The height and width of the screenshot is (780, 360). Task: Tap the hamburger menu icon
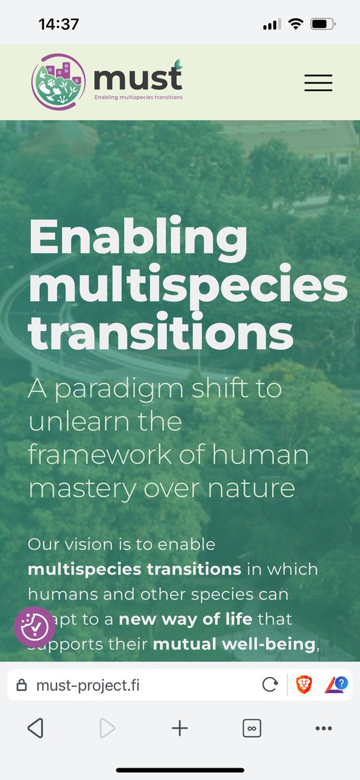coord(318,83)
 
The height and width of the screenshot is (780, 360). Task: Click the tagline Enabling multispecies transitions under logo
coord(138,97)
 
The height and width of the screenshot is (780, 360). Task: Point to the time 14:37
coord(58,24)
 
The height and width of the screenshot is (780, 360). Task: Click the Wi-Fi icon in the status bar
coord(296,24)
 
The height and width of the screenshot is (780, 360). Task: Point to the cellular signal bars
coord(272,25)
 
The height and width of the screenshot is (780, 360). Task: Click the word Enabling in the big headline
coord(138,239)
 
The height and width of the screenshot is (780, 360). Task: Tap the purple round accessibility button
coord(35,627)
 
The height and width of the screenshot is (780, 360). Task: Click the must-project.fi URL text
coord(88,685)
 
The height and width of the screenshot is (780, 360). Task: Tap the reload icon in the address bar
coord(270,685)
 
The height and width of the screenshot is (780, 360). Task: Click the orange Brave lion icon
coord(303,685)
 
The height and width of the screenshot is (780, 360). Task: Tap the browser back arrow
coord(36,729)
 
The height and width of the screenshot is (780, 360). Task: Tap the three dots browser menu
coord(323,729)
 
